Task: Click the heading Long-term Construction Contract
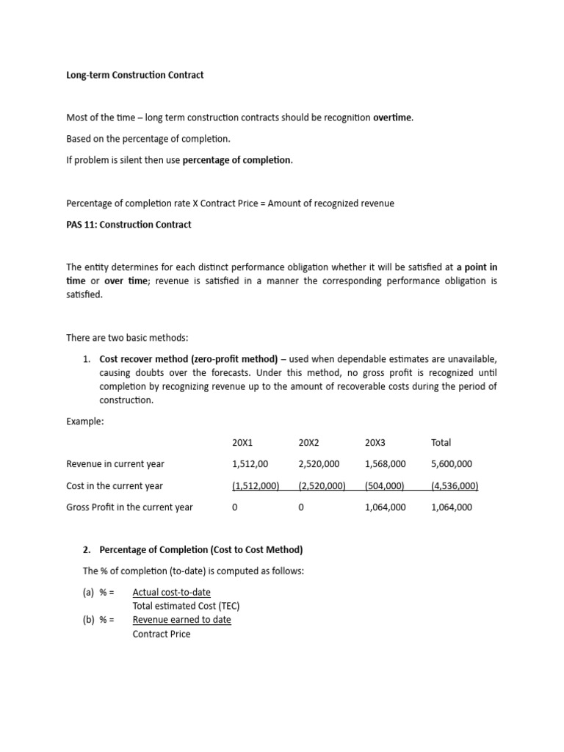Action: (x=135, y=75)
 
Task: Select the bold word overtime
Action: (x=393, y=118)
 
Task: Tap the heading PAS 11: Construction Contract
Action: (x=129, y=225)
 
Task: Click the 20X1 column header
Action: (x=242, y=442)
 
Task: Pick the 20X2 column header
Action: (x=309, y=442)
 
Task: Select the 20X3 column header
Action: (x=375, y=442)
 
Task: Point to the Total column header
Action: (x=441, y=442)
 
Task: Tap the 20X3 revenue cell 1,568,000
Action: (x=385, y=464)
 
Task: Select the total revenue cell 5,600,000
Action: (x=452, y=464)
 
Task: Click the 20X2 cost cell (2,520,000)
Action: (x=322, y=485)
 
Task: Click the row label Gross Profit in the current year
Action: (x=130, y=507)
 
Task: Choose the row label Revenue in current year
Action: (x=115, y=464)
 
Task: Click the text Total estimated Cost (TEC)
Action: (x=186, y=606)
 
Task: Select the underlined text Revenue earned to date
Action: (x=181, y=620)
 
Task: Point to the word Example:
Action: (x=84, y=422)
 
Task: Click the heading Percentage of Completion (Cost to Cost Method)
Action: (x=201, y=550)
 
